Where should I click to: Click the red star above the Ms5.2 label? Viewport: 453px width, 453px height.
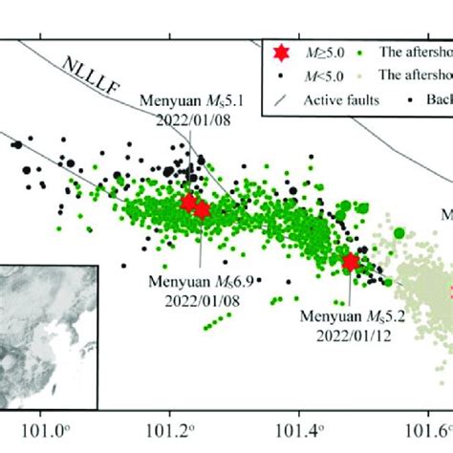[x=350, y=262]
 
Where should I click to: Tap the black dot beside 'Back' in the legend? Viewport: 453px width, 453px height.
[x=411, y=97]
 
